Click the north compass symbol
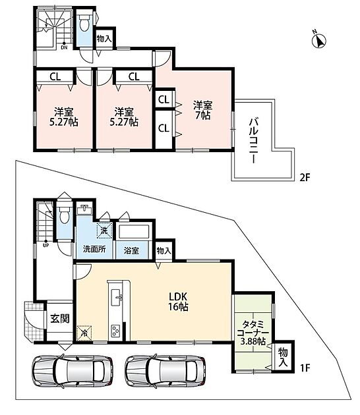318,40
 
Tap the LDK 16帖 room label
178,301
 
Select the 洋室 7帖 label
202,110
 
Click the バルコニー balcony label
253,141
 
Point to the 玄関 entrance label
60,319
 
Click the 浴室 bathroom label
131,250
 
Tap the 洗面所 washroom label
94,249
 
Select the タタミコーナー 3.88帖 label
253,333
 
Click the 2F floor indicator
305,177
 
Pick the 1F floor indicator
305,368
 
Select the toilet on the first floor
65,215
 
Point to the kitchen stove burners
115,331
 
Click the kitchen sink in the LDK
116,298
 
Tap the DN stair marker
64,46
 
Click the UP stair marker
46,244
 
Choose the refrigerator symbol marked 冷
84,333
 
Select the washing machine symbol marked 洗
104,231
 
